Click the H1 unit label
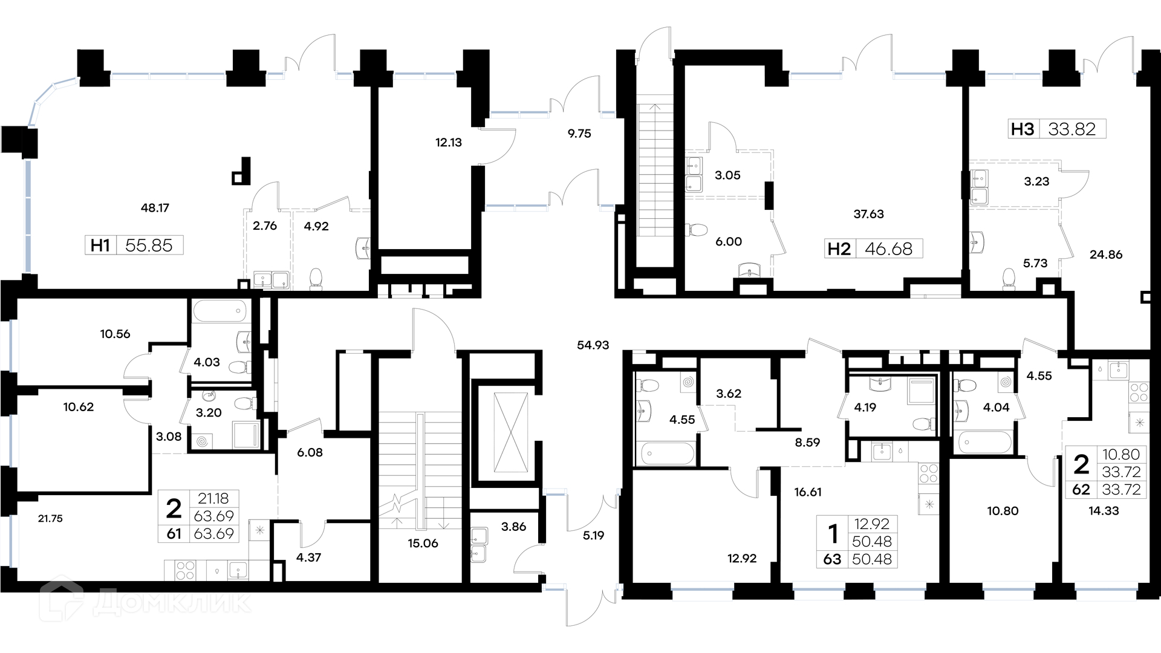coord(100,245)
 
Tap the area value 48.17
coord(155,208)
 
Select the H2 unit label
coord(839,249)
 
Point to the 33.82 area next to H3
coord(1072,129)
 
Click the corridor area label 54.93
coord(593,345)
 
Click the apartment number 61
coord(174,534)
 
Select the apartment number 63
coord(832,559)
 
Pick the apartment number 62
coord(1081,489)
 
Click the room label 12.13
coord(449,143)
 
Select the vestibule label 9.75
coord(579,134)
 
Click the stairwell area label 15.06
coord(423,544)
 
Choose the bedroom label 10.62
coord(79,407)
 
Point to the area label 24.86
coord(1106,255)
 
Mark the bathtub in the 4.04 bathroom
coord(983,441)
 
